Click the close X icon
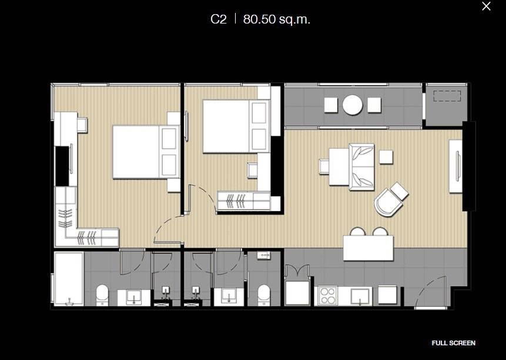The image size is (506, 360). point(486,6)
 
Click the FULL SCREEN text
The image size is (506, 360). point(453,343)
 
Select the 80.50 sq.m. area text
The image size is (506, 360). point(277,19)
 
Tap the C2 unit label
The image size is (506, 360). point(219,19)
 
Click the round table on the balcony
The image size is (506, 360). point(353,105)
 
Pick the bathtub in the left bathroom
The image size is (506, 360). point(69,278)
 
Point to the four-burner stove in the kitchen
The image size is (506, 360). point(326,295)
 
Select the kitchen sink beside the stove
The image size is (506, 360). point(359,295)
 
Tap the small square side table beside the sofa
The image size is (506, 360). point(386,157)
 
